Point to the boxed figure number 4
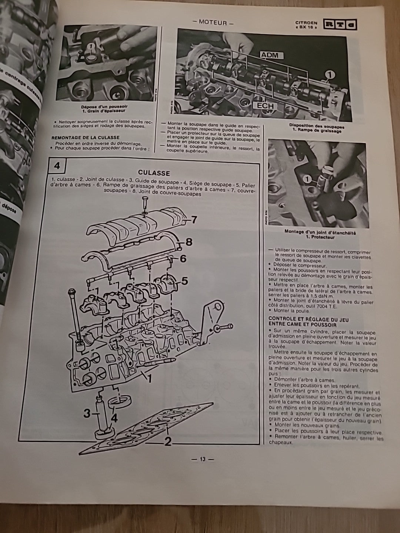(x=57, y=165)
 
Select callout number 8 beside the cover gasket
(x=189, y=242)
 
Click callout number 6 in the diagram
(x=183, y=259)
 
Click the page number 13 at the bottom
(x=202, y=459)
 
